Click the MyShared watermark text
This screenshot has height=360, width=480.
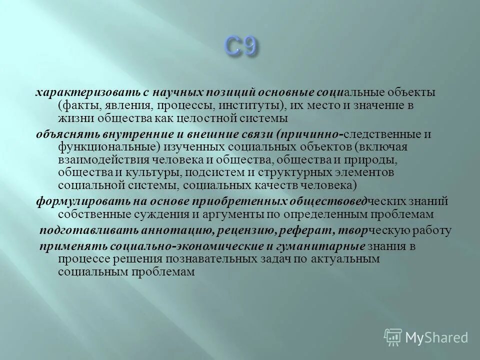coord(436,336)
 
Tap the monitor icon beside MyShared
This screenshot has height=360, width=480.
coord(393,336)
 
